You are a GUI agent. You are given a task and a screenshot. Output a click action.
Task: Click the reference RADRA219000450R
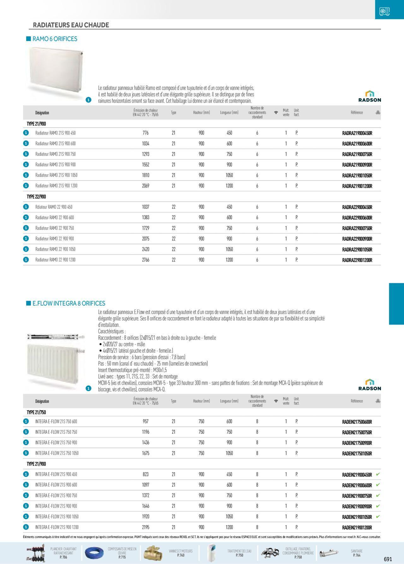[x=357, y=133]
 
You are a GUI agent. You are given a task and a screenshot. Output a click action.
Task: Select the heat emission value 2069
[x=146, y=186]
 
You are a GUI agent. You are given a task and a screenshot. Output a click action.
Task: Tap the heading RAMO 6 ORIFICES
[x=55, y=39]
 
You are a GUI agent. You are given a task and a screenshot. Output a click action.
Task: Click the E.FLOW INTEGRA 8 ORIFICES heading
[x=69, y=303]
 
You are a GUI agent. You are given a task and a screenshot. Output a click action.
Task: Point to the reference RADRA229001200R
[x=357, y=260]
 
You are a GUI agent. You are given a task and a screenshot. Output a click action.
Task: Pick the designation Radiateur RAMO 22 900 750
[x=55, y=228]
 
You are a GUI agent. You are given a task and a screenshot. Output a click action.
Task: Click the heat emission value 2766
[x=146, y=260]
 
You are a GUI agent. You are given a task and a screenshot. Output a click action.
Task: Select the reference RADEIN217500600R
[x=357, y=422]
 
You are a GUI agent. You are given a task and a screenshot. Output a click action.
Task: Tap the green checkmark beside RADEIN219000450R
[x=378, y=474]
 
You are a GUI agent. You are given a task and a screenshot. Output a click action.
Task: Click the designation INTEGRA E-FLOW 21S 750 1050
[x=57, y=453]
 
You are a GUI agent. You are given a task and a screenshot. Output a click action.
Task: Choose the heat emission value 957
[x=146, y=421]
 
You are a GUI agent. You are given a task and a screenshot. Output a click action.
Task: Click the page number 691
[x=388, y=559]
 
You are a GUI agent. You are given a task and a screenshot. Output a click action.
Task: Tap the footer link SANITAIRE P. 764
[x=357, y=553]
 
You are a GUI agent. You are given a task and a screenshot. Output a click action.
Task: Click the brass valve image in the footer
[x=154, y=553]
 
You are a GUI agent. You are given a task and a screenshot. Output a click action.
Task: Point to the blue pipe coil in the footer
[x=94, y=553]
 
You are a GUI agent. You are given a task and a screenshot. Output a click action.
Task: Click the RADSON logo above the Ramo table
[x=370, y=96]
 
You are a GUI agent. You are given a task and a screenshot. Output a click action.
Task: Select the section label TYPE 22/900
[x=36, y=197]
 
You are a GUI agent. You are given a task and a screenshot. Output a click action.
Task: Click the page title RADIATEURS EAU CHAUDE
[x=71, y=25]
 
